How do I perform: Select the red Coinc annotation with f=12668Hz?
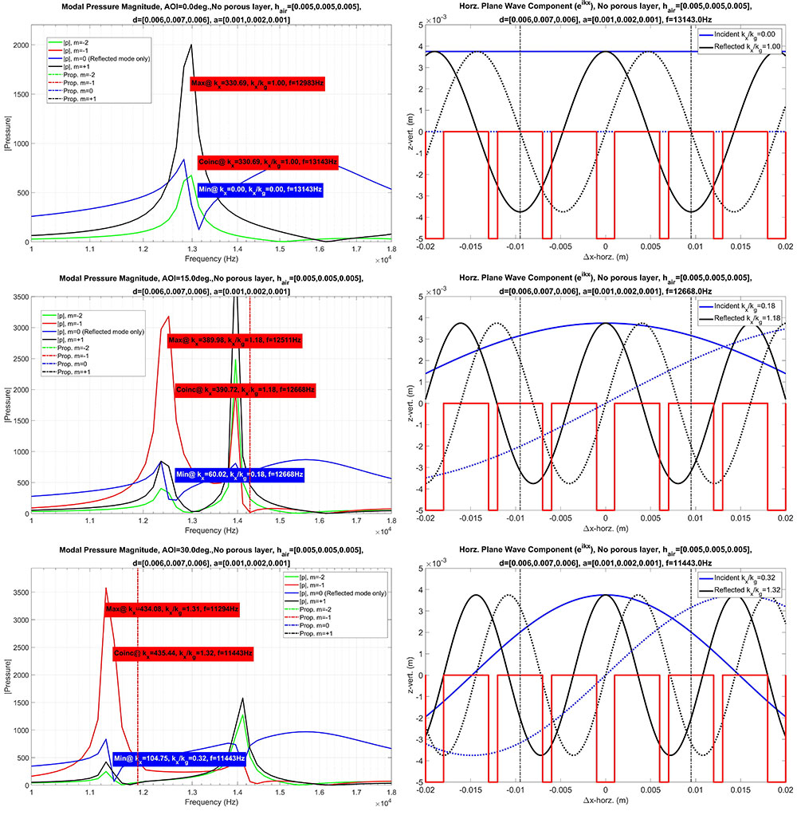tap(245, 390)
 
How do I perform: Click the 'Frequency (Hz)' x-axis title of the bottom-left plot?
tap(210, 805)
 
